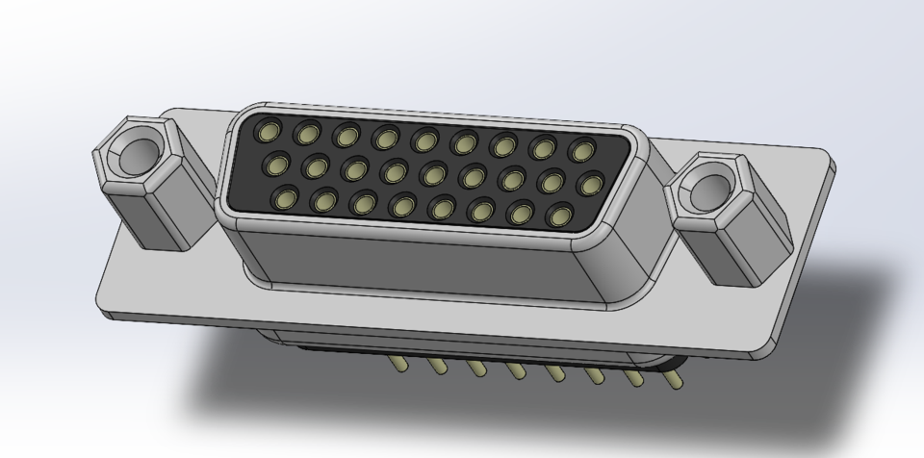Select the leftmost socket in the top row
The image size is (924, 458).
coord(269,131)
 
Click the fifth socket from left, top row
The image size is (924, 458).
coord(425,140)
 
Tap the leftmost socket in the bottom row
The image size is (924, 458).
coord(286,197)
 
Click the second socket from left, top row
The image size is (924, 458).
coord(308,133)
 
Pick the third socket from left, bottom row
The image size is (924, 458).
coord(364,202)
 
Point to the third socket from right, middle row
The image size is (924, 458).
coord(512,178)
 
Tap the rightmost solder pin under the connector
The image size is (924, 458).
coord(676,381)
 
